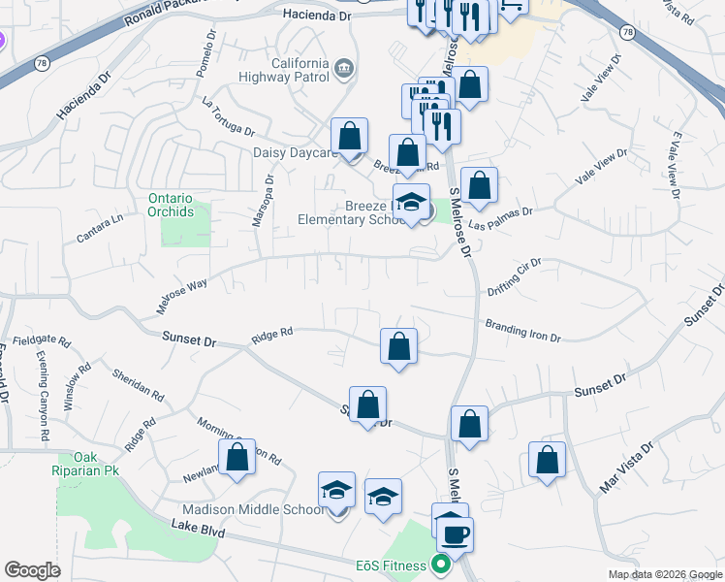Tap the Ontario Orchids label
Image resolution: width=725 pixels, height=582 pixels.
pyautogui.click(x=171, y=205)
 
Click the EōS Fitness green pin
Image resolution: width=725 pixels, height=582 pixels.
pyautogui.click(x=442, y=564)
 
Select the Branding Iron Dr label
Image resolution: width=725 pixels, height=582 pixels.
pyautogui.click(x=523, y=332)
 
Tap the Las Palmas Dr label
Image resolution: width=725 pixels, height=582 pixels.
pyautogui.click(x=500, y=218)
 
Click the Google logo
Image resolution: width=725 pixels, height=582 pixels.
pyautogui.click(x=32, y=570)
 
